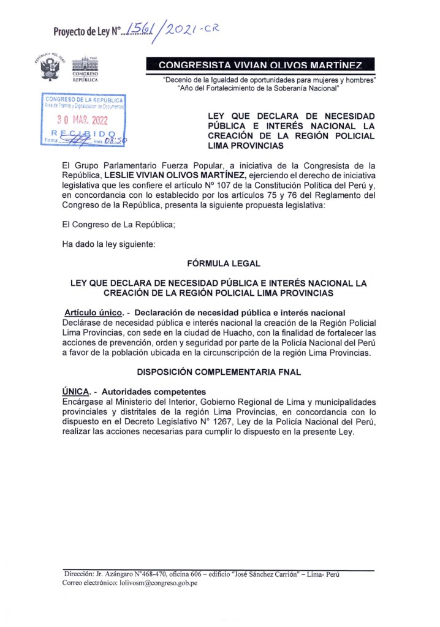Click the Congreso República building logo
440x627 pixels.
click(84, 69)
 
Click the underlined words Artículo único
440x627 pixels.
click(89, 313)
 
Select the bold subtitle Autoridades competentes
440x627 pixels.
click(153, 391)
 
